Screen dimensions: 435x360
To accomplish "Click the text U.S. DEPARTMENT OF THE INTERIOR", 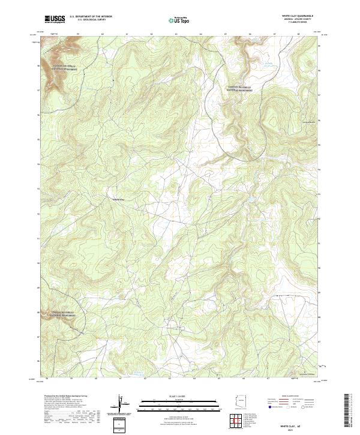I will pyautogui.click(x=91, y=17).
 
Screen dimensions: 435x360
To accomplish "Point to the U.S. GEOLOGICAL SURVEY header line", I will pyautogui.click(x=91, y=20).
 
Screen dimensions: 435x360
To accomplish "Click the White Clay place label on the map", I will pyautogui.click(x=118, y=199).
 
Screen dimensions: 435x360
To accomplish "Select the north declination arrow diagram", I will pyautogui.click(x=121, y=404).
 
